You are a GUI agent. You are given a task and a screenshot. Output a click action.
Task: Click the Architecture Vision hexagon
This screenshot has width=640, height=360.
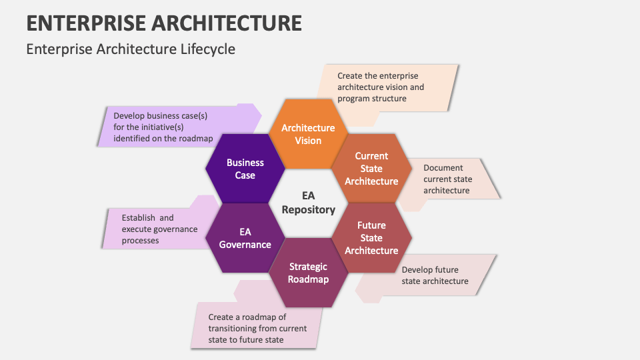pyautogui.click(x=308, y=134)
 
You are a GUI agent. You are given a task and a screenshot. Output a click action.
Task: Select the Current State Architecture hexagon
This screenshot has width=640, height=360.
pyautogui.click(x=371, y=169)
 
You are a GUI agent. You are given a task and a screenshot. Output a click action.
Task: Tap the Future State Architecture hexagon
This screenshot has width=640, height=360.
pyautogui.click(x=371, y=238)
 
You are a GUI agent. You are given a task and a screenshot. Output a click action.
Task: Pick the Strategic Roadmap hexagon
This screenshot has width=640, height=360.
pyautogui.click(x=308, y=273)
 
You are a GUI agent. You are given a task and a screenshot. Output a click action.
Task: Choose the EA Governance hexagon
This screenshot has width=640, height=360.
pyautogui.click(x=245, y=238)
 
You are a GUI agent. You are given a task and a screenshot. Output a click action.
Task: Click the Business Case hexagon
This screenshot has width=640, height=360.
pyautogui.click(x=245, y=169)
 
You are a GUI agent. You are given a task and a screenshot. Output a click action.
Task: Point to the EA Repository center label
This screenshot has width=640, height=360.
pyautogui.click(x=308, y=203)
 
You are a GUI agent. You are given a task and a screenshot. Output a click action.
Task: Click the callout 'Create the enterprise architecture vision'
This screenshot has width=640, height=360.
pyautogui.click(x=381, y=87)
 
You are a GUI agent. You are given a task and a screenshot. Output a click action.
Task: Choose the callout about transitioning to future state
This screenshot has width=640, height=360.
pyautogui.click(x=257, y=329)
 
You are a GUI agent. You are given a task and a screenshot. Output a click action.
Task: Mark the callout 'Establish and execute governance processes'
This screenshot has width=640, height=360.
pyautogui.click(x=159, y=229)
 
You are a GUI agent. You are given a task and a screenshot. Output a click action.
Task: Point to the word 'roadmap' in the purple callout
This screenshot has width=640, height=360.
pyautogui.click(x=195, y=139)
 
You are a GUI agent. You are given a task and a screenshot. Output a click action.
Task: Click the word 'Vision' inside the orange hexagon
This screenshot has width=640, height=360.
pyautogui.click(x=308, y=141)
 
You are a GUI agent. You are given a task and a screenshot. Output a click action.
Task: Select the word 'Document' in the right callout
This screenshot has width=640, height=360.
pyautogui.click(x=443, y=168)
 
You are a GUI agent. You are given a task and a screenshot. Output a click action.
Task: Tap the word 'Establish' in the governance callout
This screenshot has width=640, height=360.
pyautogui.click(x=138, y=217)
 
